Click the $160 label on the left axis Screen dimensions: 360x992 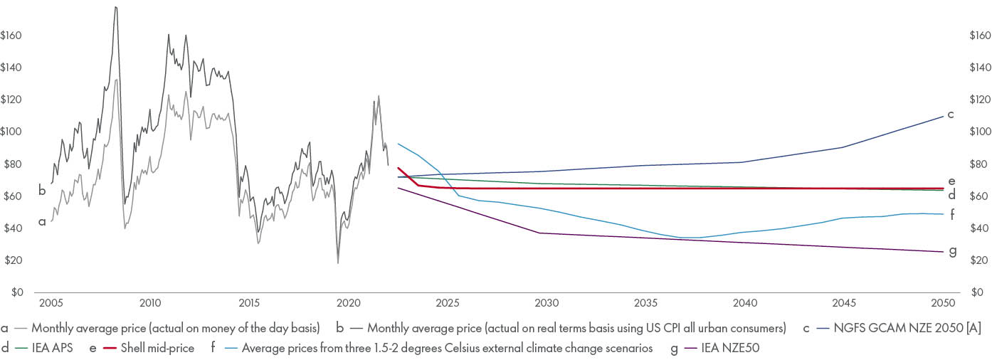(12, 36)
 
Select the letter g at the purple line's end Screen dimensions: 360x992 (952, 251)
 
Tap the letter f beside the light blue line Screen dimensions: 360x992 (951, 213)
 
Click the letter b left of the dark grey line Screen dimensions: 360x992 (42, 190)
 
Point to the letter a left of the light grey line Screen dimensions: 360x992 (42, 222)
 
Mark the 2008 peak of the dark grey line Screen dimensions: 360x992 (115, 7)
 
